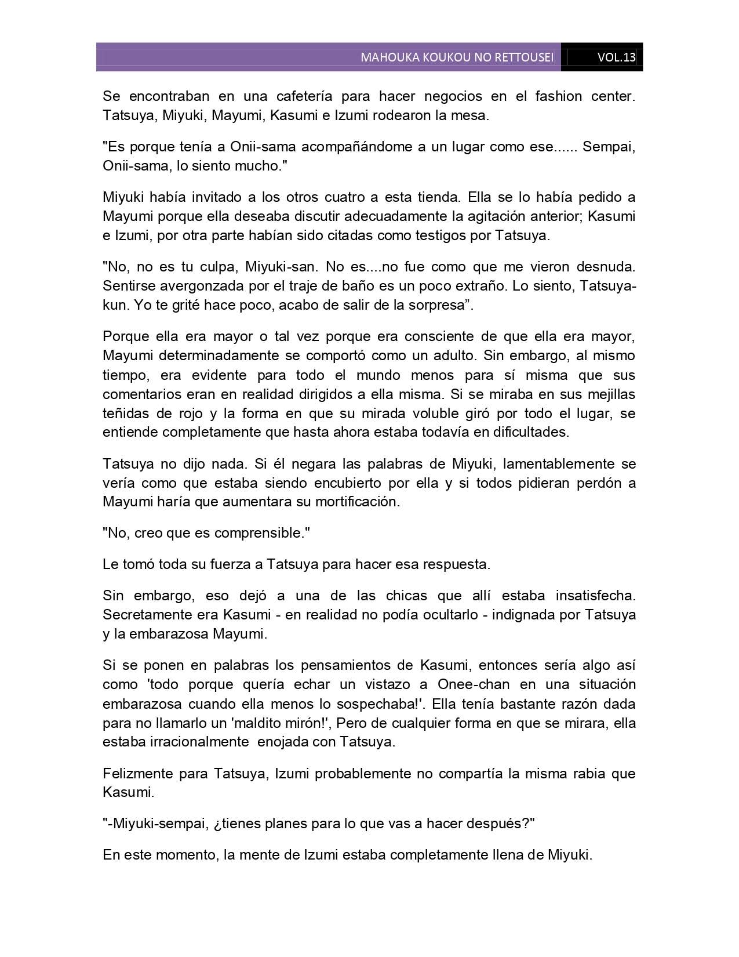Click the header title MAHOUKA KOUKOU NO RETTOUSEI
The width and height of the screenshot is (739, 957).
pyautogui.click(x=457, y=57)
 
